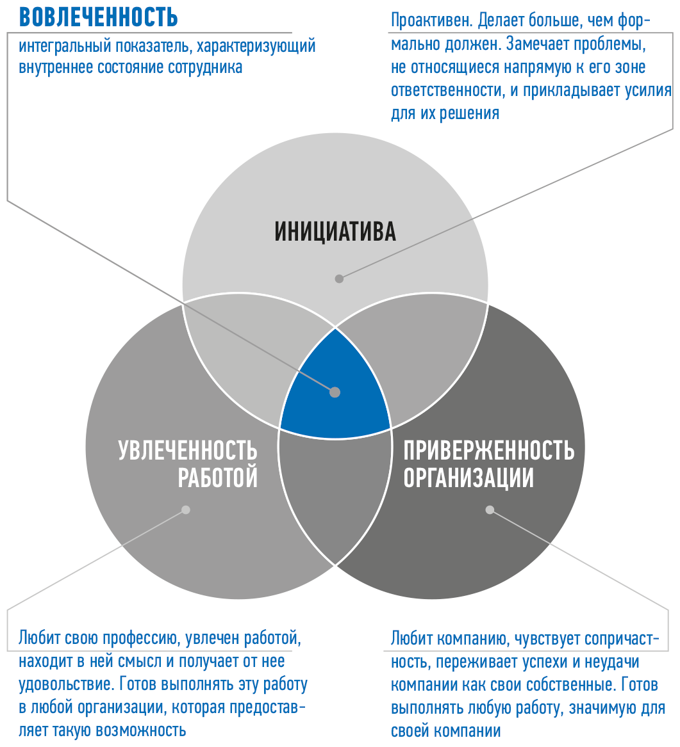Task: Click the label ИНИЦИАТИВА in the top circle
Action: pos(335,231)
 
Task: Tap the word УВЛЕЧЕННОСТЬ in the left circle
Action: pos(188,451)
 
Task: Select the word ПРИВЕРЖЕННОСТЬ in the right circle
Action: pos(489,451)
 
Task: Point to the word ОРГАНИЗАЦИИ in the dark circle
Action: pos(469,478)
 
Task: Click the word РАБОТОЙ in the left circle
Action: pos(218,478)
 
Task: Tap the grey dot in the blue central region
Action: pos(335,392)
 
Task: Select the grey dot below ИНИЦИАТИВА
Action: pos(339,278)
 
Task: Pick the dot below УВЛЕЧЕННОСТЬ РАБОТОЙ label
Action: pos(186,510)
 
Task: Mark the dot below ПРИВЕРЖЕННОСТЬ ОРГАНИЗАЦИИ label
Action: pos(490,510)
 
